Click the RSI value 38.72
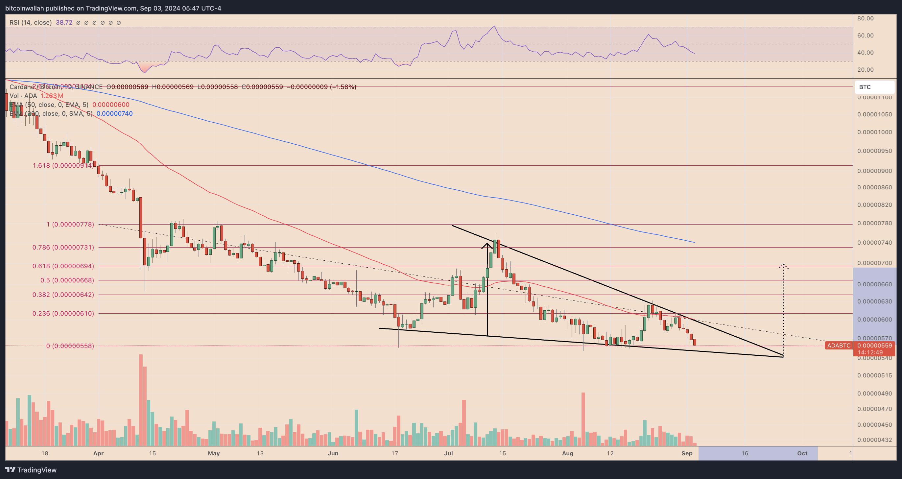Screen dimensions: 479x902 point(64,22)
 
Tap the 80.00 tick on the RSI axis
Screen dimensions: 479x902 point(865,18)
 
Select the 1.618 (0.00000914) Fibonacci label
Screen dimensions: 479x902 point(63,165)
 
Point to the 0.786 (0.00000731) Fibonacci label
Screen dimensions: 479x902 point(63,247)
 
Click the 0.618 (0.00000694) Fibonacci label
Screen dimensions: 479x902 point(63,266)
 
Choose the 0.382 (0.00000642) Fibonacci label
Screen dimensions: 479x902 point(63,295)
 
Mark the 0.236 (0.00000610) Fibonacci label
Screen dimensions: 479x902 point(63,313)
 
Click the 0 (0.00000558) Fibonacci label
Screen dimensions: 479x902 point(70,346)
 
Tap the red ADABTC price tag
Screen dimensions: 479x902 point(838,346)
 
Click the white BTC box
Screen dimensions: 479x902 point(874,87)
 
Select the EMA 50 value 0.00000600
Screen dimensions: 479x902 point(111,105)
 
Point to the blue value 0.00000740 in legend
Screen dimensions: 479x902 point(114,113)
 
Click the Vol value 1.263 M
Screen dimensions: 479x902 point(52,96)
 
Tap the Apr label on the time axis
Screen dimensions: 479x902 point(98,453)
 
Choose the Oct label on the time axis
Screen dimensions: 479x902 point(802,453)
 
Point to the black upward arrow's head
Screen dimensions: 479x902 point(487,244)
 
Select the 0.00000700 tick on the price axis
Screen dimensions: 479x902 point(874,263)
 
